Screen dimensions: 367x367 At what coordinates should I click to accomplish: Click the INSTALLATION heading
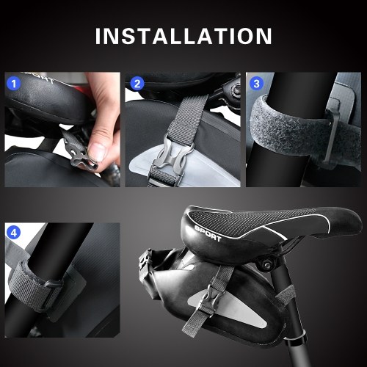point(183,36)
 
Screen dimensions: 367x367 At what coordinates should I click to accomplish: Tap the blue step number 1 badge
point(14,84)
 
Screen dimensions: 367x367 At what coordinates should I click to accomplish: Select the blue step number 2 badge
point(137,84)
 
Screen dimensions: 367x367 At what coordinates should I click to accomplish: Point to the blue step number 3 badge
point(256,84)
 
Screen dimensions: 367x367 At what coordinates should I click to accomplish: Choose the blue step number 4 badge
point(14,233)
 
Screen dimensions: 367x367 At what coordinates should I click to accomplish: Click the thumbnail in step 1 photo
point(98,151)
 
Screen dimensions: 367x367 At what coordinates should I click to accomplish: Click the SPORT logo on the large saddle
point(208,233)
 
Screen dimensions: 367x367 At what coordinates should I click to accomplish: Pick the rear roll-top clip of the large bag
point(145,263)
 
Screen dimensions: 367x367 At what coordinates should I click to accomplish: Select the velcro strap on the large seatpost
point(286,294)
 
